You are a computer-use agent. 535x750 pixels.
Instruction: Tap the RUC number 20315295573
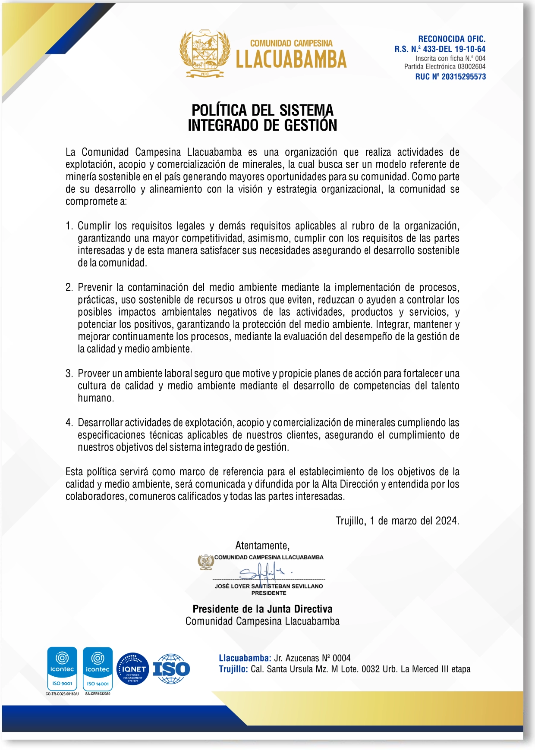(463, 77)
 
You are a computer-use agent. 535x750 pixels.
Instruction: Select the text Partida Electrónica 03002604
(444, 67)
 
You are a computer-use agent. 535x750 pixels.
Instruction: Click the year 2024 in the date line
(447, 521)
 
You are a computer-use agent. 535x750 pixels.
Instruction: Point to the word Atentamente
(262, 546)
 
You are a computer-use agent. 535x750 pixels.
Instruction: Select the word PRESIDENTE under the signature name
(269, 593)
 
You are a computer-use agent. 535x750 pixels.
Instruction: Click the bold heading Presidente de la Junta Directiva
(262, 609)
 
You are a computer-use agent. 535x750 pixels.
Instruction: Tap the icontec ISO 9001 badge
(62, 668)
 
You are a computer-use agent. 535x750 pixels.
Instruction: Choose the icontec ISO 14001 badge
(98, 668)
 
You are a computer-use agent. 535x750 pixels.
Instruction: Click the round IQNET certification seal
(133, 669)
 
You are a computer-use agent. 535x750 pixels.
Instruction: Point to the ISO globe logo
(171, 669)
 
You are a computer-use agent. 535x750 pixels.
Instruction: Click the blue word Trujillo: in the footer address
(233, 669)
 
